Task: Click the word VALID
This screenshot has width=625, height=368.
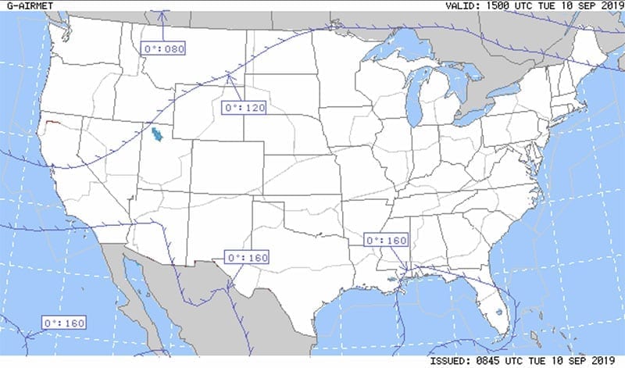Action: [462, 5]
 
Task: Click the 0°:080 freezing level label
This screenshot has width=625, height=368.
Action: [164, 49]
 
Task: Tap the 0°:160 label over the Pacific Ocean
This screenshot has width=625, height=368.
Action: [63, 323]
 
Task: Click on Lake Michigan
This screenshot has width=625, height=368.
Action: [414, 98]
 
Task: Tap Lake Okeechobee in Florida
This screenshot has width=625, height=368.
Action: [498, 313]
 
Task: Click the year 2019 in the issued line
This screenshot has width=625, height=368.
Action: [605, 362]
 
